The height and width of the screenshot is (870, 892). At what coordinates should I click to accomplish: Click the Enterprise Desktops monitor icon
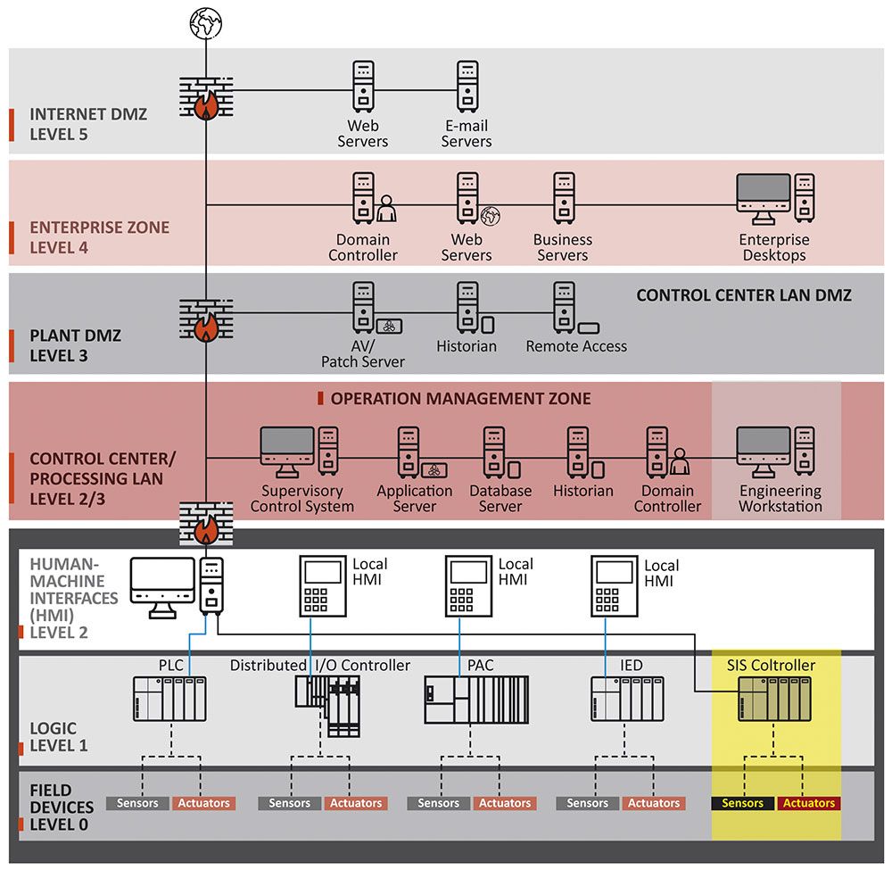pos(764,199)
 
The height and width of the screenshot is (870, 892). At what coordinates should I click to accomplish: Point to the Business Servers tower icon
pos(563,198)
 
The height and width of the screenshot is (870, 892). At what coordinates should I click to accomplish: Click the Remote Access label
pos(576,346)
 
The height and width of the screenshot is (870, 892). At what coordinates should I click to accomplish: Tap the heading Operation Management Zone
pos(460,398)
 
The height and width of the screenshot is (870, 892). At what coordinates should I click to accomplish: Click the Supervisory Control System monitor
pos(288,451)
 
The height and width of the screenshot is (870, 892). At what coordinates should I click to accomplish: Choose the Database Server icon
pos(496,452)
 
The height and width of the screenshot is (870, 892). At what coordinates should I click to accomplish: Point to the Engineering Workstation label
pos(780,498)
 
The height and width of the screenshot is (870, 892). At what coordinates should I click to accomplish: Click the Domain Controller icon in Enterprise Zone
pos(364,198)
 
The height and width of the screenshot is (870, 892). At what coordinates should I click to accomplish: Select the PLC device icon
pos(169,699)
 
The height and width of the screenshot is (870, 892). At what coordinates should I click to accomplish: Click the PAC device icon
pos(476,699)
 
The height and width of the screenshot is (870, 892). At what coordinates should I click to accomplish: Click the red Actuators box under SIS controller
pos(809,803)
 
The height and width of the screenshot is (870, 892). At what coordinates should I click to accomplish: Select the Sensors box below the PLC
pos(137,803)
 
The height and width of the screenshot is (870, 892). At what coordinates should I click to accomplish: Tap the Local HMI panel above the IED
pos(616,585)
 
